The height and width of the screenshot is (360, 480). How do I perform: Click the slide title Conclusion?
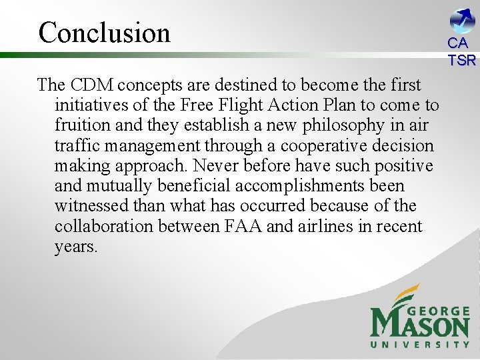[x=105, y=32]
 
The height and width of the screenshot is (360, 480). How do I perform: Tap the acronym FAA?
[x=239, y=226]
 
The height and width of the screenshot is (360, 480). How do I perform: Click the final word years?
[x=76, y=246]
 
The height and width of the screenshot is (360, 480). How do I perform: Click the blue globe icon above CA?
[x=462, y=21]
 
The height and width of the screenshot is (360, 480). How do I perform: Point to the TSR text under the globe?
[x=462, y=60]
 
